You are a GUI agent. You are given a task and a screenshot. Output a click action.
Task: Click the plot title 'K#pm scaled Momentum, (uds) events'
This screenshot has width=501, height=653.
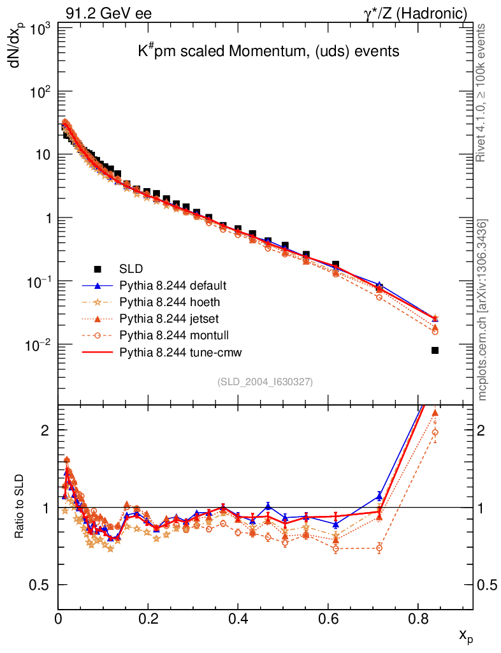pos(268,51)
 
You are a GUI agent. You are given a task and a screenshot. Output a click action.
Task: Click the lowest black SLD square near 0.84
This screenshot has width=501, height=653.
pos(435,350)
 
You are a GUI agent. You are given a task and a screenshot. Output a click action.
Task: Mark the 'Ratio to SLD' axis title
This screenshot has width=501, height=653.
pos(20,507)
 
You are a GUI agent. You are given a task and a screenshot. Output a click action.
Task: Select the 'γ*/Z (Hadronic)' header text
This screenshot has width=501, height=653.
pos(415,13)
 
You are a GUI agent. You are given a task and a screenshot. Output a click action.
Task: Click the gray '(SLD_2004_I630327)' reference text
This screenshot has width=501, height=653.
pos(265,382)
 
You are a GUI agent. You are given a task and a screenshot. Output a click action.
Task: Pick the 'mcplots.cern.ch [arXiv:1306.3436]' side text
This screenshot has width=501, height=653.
pos(483,310)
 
